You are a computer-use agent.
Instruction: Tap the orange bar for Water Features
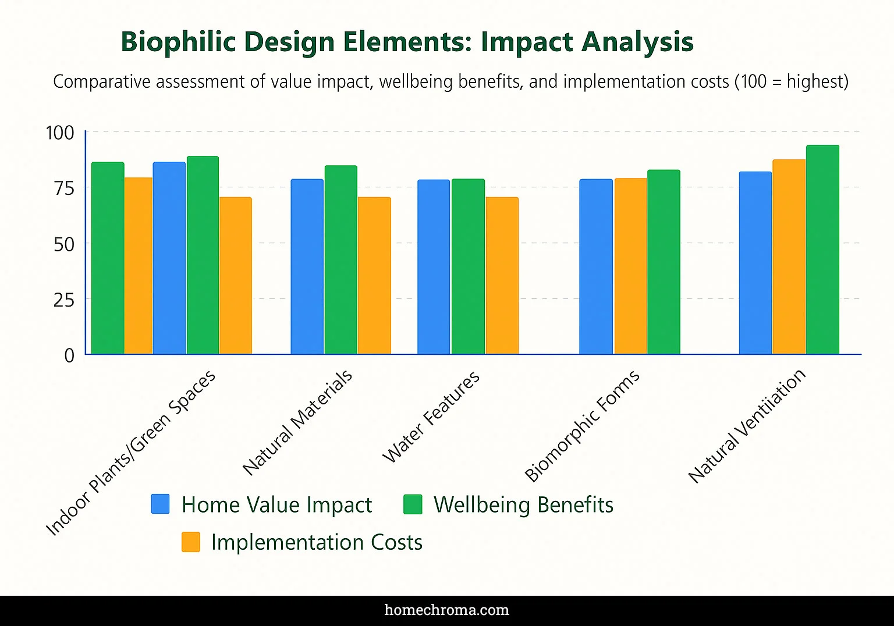tap(502, 276)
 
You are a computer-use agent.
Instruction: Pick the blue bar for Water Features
tap(434, 267)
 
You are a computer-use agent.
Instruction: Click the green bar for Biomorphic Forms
tap(664, 262)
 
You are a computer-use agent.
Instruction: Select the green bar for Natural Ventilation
tap(822, 250)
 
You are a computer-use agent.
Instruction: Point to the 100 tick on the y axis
tap(61, 133)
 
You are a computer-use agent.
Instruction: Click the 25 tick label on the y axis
tap(64, 300)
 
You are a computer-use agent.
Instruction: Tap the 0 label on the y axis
tap(69, 355)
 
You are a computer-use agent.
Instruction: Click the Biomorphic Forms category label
tap(583, 426)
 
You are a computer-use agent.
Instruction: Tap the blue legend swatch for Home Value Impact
tap(160, 504)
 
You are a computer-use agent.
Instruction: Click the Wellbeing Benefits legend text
tap(523, 505)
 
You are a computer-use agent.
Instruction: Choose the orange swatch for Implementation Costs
tap(190, 542)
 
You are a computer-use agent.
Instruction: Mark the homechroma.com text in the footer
tap(446, 610)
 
